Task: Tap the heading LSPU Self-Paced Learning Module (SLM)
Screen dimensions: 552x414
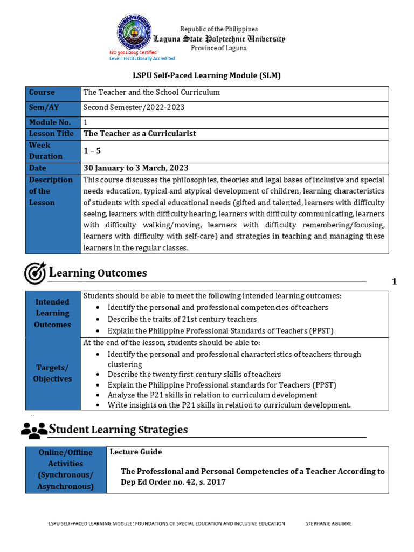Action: tap(207, 76)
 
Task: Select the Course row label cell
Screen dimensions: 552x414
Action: tap(53, 93)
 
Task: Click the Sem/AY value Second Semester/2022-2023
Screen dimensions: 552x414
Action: tap(134, 108)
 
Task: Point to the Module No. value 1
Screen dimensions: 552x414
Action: tap(85, 123)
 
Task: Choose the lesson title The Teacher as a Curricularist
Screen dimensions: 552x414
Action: tap(140, 134)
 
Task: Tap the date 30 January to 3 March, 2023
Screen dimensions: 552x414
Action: tap(136, 168)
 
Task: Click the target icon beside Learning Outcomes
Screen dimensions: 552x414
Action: tap(35, 273)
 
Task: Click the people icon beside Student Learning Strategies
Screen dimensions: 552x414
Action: tap(34, 430)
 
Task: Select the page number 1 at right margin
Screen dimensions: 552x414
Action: tap(394, 281)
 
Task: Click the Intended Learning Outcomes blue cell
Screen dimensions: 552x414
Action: tap(53, 314)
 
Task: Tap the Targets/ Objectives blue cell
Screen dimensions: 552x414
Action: tap(53, 373)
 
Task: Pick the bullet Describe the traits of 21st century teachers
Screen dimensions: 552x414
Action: tap(175, 319)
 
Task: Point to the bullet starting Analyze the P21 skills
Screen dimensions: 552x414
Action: tap(212, 395)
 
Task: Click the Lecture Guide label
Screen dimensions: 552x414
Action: tap(136, 452)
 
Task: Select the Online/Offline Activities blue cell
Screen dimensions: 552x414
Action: tap(66, 470)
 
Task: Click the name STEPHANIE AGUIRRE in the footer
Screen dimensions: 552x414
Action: tap(328, 523)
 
